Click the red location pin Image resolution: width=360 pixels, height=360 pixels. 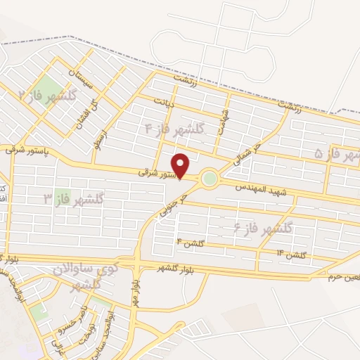coord(181,166)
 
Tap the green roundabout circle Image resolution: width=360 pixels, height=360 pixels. coord(209,179)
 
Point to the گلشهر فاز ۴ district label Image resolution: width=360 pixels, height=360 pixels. coord(174,129)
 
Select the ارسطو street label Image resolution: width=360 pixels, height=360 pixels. coord(106,130)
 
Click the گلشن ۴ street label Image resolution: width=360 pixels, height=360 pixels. coord(190,243)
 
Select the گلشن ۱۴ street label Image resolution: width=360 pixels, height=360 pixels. coord(290,254)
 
